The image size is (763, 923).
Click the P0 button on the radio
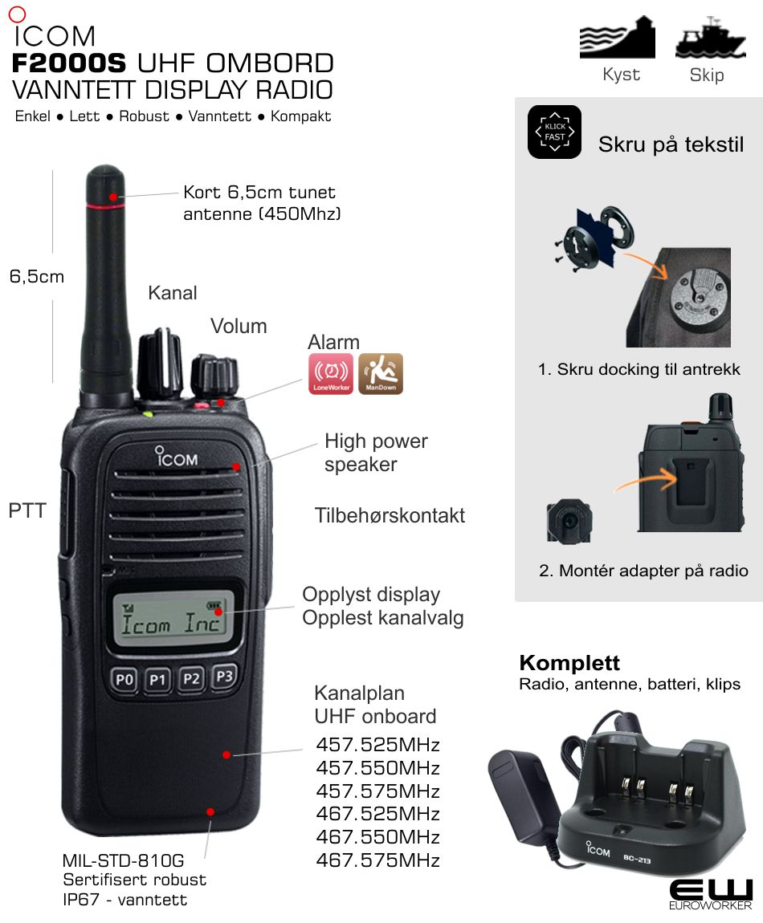tap(124, 680)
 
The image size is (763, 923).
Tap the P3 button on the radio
tap(224, 676)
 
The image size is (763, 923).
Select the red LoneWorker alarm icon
tap(331, 373)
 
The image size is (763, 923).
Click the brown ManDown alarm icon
tap(381, 373)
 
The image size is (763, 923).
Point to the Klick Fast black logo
tap(554, 132)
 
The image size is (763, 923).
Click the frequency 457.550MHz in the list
tap(378, 767)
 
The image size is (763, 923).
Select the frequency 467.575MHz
tap(378, 860)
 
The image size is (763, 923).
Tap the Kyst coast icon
tap(618, 38)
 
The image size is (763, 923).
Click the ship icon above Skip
tap(711, 38)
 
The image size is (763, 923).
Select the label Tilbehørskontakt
tap(390, 515)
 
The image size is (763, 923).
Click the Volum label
tap(239, 326)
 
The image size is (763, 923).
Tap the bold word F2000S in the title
tap(69, 63)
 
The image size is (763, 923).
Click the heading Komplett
tap(569, 663)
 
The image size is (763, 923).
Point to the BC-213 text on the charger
tap(637, 860)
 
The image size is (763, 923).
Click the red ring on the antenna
tap(105, 206)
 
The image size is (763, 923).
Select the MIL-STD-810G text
tap(123, 860)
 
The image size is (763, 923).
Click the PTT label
tap(27, 510)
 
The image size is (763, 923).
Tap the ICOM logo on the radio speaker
tap(176, 457)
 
